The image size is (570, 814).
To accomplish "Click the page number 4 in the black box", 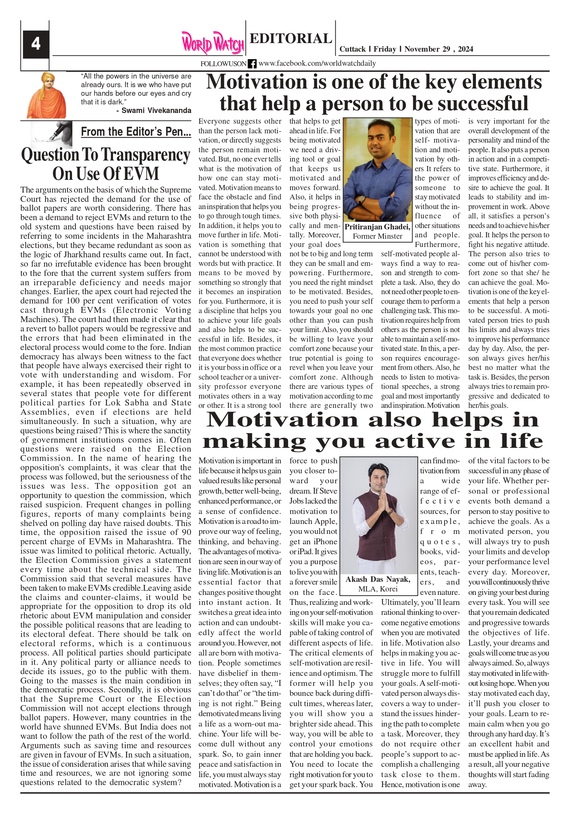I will (36, 44).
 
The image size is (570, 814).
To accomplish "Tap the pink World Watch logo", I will (213, 43).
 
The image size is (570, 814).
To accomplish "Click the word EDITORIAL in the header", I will (291, 38).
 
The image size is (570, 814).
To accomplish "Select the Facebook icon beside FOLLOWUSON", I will (252, 64).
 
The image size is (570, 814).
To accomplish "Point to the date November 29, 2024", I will (438, 49).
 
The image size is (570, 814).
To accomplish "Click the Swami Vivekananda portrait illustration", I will (46, 95).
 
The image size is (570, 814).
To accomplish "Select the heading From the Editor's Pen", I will (136, 132).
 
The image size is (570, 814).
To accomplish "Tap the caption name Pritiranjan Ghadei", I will (377, 227).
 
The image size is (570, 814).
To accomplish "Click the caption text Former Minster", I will (377, 236).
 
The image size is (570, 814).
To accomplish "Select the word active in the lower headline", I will (415, 441).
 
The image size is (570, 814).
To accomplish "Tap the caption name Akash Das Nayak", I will (378, 579).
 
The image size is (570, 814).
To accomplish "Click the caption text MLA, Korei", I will (378, 589).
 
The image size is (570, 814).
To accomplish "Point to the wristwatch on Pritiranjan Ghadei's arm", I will (362, 199).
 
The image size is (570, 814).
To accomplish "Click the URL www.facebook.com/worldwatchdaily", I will (317, 63).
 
